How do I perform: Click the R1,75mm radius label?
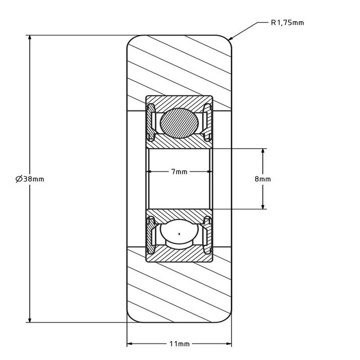point(287,23)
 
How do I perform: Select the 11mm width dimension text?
point(179,343)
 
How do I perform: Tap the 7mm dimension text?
point(179,171)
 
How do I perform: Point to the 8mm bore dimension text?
point(263,179)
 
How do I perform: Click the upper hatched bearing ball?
point(178,122)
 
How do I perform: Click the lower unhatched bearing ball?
point(178,235)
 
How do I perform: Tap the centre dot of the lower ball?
point(178,235)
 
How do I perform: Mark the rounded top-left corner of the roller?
point(130,39)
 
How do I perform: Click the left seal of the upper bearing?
point(151,122)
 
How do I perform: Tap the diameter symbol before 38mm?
point(19,179)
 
